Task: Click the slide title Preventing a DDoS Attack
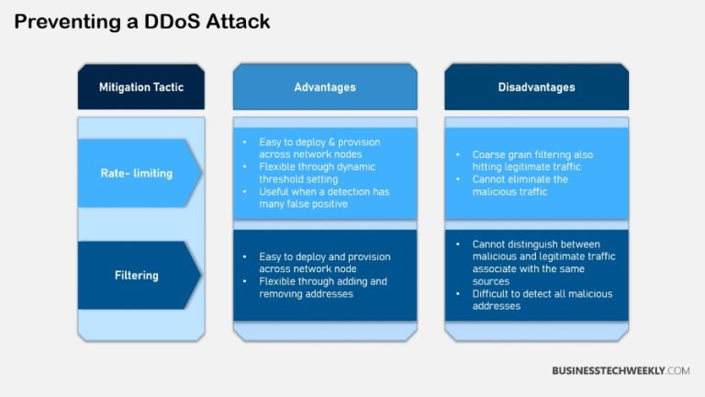click(142, 21)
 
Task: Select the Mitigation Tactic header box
click(141, 87)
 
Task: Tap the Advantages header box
click(325, 87)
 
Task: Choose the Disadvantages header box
click(537, 87)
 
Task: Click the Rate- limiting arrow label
click(136, 173)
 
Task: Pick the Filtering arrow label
click(136, 275)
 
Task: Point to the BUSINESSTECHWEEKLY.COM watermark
click(621, 370)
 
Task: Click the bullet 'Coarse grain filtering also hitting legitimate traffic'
click(532, 160)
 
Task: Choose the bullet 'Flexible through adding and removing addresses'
click(321, 287)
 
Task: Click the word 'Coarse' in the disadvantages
click(489, 154)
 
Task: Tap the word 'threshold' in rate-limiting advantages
click(282, 179)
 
